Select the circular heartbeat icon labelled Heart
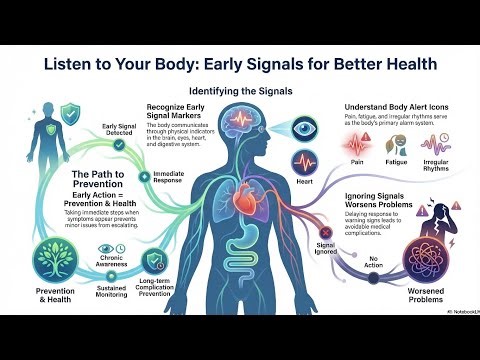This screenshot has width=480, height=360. pyautogui.click(x=305, y=164)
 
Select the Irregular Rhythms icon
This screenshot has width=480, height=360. pyautogui.click(x=446, y=151)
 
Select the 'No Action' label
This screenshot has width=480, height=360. pyautogui.click(x=376, y=266)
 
